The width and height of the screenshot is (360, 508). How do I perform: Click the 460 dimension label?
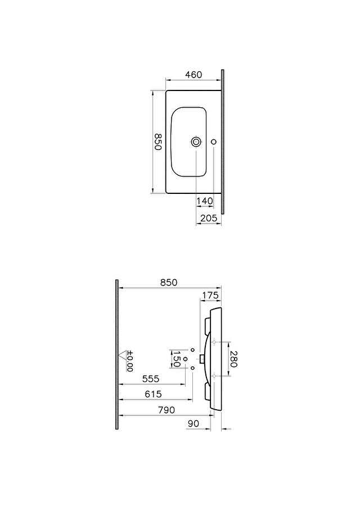click(193, 75)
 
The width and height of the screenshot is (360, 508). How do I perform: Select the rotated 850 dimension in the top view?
click(157, 142)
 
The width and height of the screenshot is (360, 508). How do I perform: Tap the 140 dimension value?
click(205, 201)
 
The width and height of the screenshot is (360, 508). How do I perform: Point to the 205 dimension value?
click(209, 218)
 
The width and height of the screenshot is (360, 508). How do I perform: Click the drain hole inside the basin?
click(196, 141)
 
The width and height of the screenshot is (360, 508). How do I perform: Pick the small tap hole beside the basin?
click(213, 142)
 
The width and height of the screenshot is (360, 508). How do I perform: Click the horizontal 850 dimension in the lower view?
click(169, 283)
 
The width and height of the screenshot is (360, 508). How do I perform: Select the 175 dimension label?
click(211, 296)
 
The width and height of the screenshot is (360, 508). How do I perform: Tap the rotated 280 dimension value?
click(233, 359)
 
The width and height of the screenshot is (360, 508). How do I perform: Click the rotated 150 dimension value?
click(177, 359)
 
